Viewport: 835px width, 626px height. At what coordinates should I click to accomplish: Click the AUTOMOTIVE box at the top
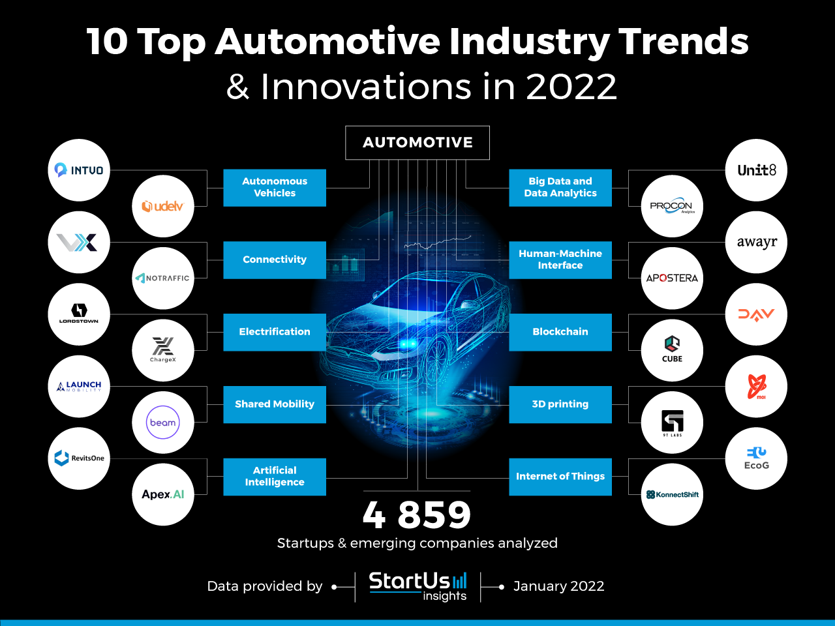pos(417,142)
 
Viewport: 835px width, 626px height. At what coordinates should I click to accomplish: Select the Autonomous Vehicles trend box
pos(275,188)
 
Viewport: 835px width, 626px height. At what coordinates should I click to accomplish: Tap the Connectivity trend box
pos(275,260)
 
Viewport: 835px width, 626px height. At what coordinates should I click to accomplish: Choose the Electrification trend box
pos(275,332)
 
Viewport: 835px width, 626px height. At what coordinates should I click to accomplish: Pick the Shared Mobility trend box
pos(275,404)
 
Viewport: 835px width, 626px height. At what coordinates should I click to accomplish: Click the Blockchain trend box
pos(560,332)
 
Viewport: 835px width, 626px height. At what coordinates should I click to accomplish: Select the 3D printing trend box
pos(560,404)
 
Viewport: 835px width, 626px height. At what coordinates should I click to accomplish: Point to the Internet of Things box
pos(560,477)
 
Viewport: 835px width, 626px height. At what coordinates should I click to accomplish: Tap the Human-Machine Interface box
pos(560,260)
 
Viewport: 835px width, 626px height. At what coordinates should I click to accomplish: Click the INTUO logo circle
pos(79,170)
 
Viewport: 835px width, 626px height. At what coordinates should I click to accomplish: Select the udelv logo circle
pos(163,207)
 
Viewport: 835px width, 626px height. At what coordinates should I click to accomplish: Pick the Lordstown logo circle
pos(79,314)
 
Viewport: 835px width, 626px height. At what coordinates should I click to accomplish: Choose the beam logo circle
pos(163,423)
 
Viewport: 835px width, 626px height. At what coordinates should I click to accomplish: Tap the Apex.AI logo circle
pos(163,494)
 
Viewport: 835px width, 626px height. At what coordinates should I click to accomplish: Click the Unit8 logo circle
pos(756,170)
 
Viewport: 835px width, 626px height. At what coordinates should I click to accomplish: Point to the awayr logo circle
pos(756,242)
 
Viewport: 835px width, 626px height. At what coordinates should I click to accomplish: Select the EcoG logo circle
pos(756,458)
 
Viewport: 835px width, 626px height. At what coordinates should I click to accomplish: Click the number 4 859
pos(417,515)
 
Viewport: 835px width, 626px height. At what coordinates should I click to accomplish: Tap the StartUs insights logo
pos(418,586)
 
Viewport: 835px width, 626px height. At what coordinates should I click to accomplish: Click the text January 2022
pos(558,586)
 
